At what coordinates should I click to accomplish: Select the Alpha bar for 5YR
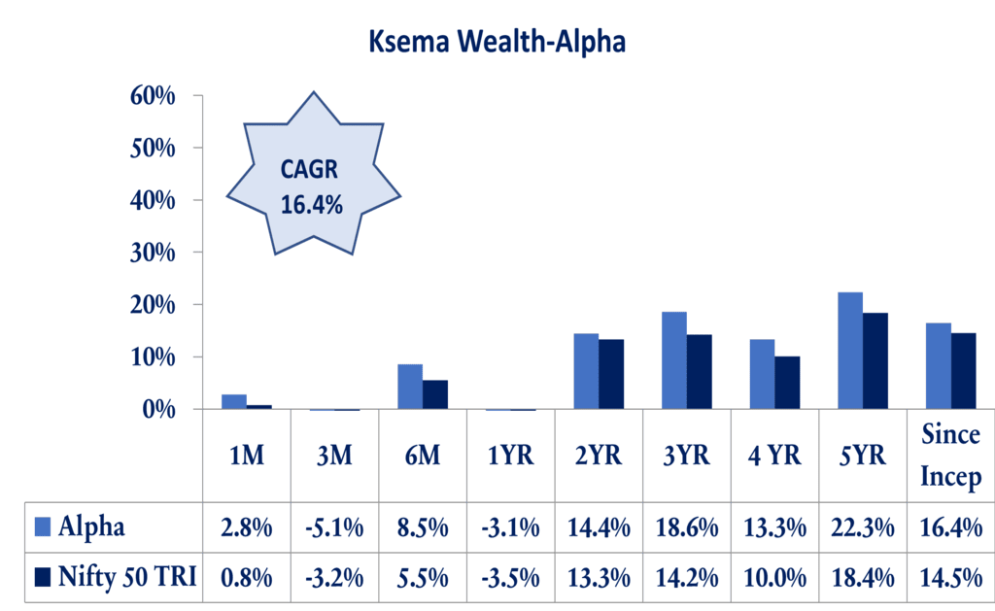point(850,351)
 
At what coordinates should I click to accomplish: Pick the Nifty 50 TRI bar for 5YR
point(875,360)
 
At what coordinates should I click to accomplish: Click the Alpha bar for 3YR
point(674,360)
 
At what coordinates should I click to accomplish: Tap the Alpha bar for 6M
point(410,387)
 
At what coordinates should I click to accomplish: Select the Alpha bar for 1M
point(234,401)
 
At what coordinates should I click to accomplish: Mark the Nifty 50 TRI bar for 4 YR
point(787,383)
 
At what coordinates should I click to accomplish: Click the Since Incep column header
point(950,456)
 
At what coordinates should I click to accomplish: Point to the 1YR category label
point(510,456)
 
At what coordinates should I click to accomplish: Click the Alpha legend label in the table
point(92,527)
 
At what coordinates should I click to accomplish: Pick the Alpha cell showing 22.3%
point(863,527)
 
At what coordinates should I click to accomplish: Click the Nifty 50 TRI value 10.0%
point(775,577)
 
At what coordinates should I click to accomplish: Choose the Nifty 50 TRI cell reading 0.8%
point(247,577)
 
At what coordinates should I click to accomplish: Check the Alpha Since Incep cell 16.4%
point(950,527)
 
